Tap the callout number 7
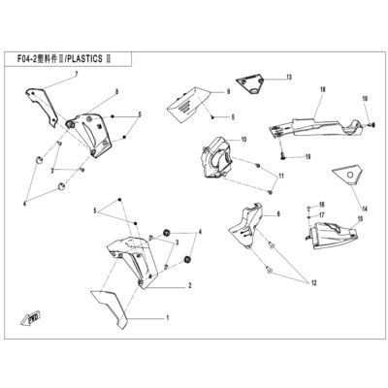coord(77,75)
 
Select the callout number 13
coord(288,77)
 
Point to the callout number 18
coord(322,89)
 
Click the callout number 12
coord(313,283)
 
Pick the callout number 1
coord(168,318)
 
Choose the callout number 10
coord(243,140)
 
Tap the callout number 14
coord(365,210)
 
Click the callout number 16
coord(321,205)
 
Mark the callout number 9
coord(228,92)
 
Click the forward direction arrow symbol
coord(29,318)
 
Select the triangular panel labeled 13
coord(251,82)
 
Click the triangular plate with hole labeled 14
coord(347,175)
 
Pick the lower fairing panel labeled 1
coord(111,307)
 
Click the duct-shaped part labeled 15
coord(331,236)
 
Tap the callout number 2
coord(190,285)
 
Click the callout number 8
coord(116,92)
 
